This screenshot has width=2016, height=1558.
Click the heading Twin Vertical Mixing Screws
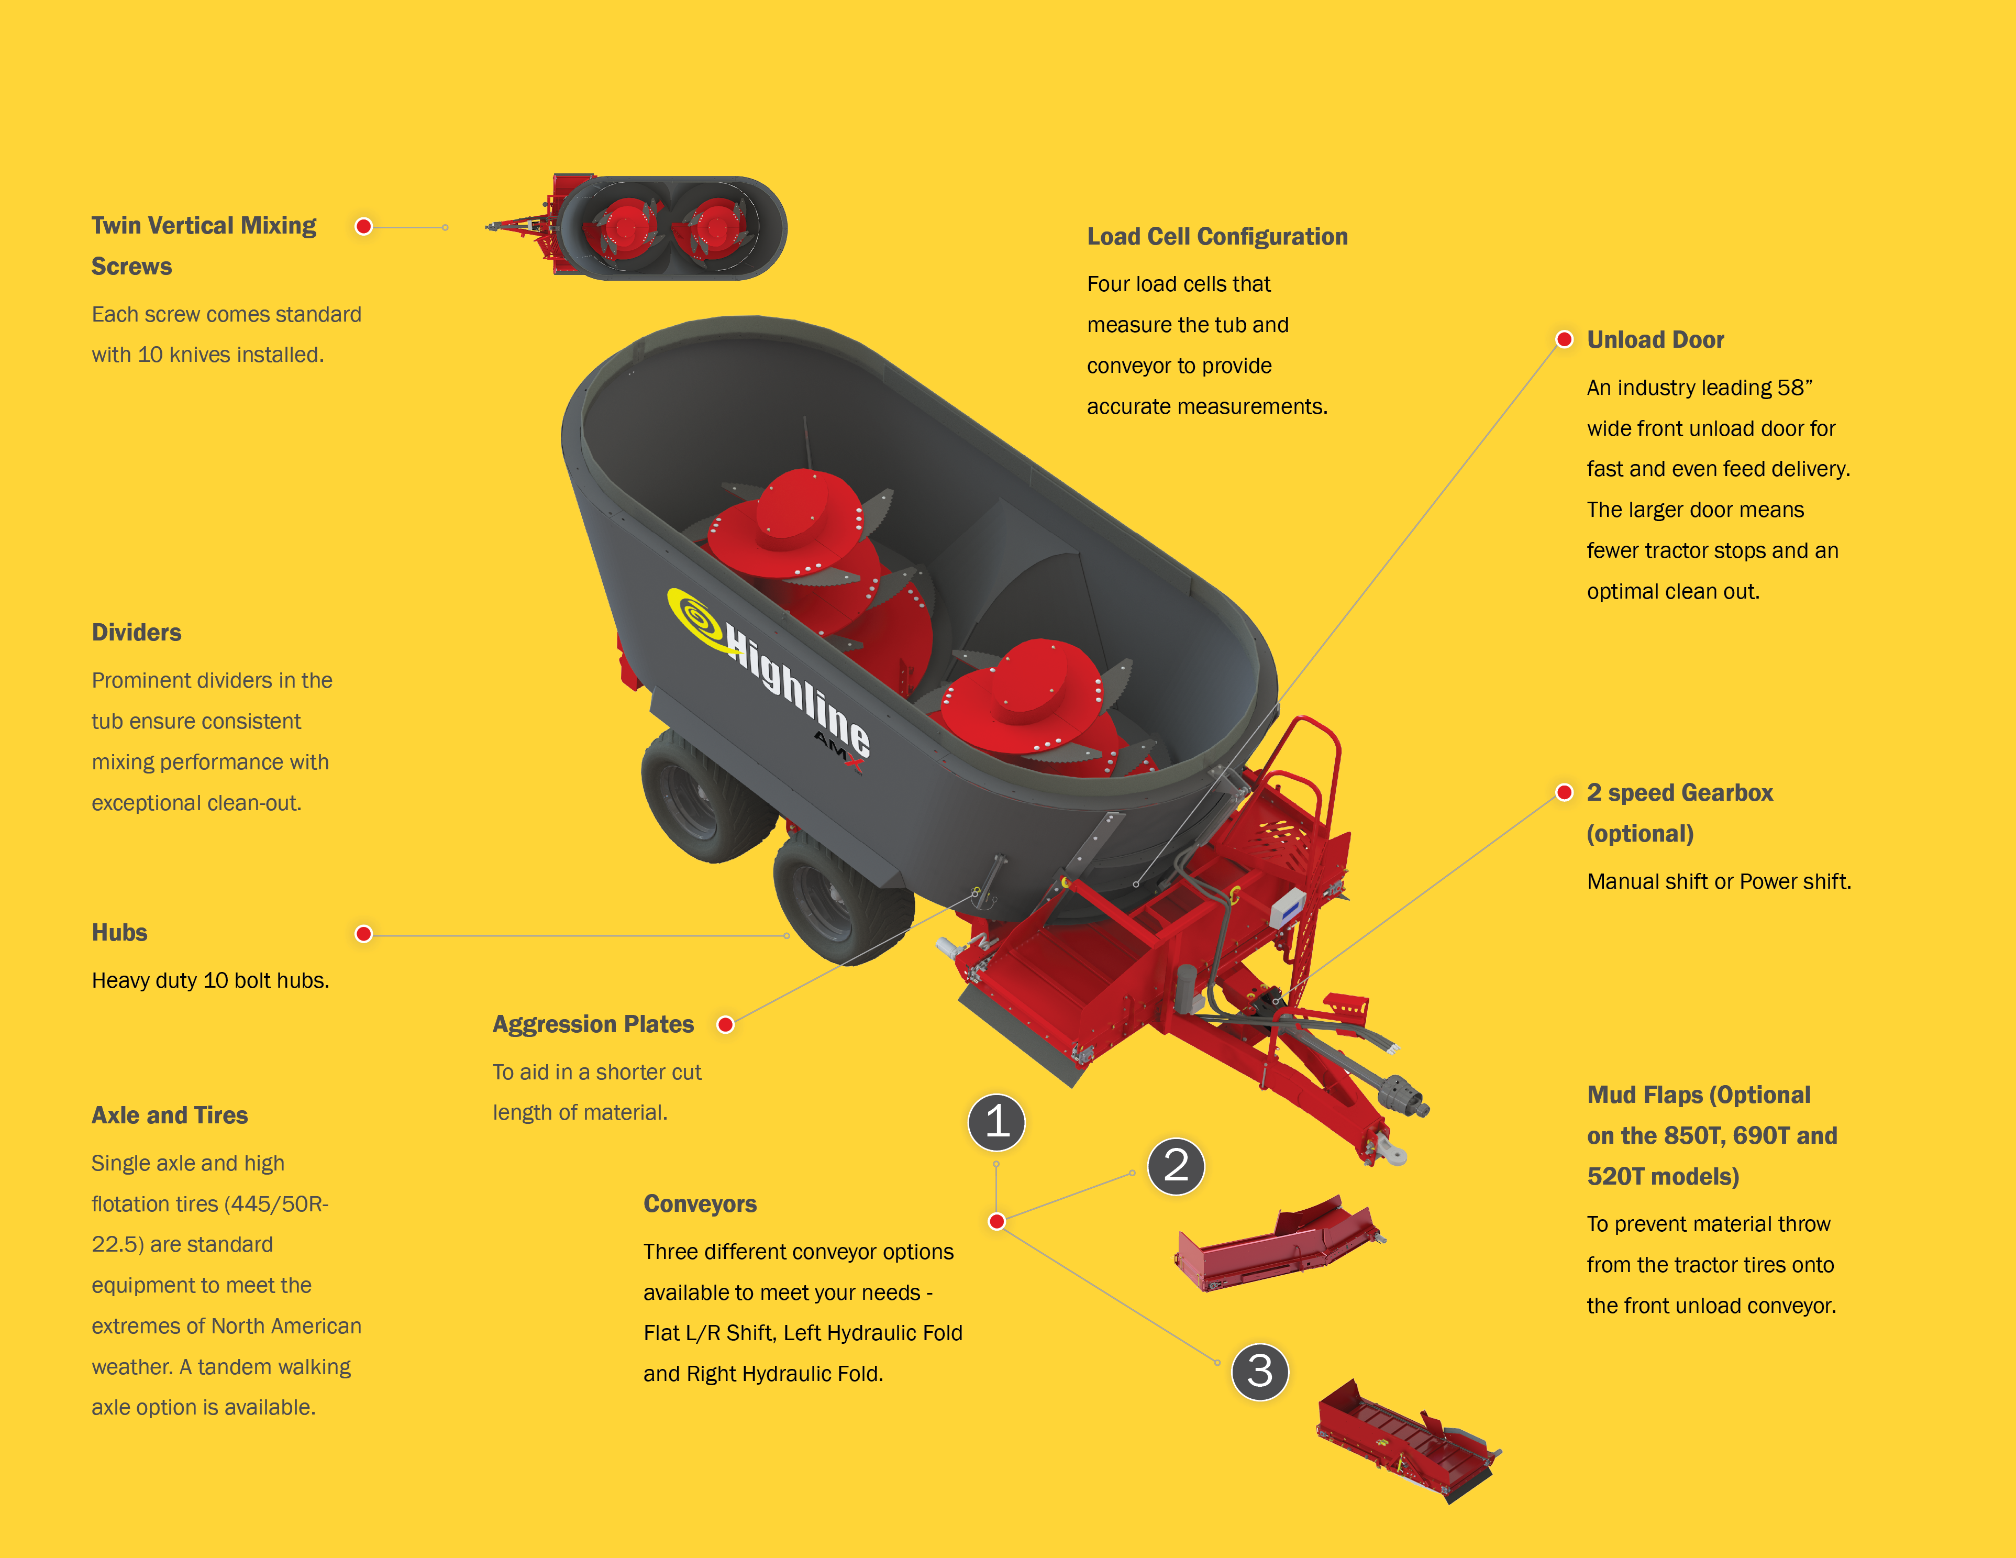click(x=204, y=246)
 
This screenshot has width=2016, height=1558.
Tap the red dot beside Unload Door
click(x=1564, y=340)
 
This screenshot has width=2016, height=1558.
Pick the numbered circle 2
click(x=1176, y=1166)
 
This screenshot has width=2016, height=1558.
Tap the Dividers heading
click(x=137, y=632)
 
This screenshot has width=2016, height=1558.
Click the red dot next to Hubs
click(x=364, y=934)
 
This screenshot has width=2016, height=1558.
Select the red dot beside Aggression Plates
click(x=726, y=1024)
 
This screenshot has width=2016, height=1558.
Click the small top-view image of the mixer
click(x=637, y=226)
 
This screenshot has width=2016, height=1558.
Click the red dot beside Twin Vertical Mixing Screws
click(x=364, y=226)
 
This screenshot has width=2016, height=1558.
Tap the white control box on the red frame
click(x=1288, y=909)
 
